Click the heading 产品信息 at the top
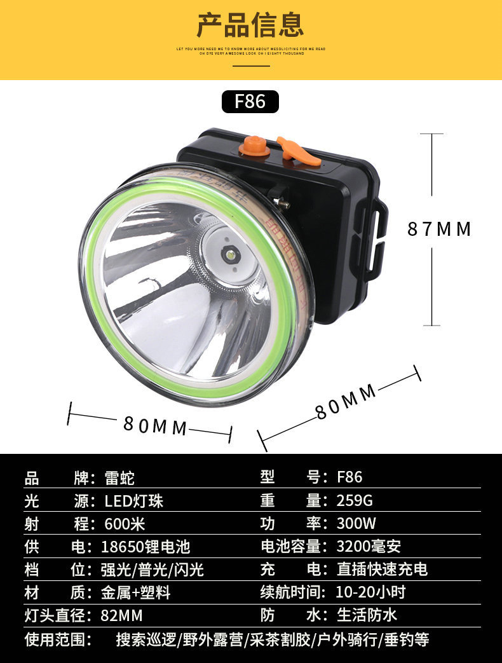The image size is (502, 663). click(x=250, y=25)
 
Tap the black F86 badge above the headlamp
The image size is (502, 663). click(x=250, y=102)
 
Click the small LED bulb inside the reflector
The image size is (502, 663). click(x=229, y=256)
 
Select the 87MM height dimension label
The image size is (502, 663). click(x=439, y=229)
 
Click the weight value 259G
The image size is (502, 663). click(x=355, y=501)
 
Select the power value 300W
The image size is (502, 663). click(x=356, y=524)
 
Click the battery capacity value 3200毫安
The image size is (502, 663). click(x=369, y=546)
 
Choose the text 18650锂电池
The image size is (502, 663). click(x=146, y=547)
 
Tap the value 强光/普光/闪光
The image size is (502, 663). click(x=153, y=570)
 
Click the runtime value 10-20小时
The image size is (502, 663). click(x=370, y=592)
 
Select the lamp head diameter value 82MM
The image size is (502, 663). click(x=121, y=615)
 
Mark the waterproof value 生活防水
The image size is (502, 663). click(x=367, y=615)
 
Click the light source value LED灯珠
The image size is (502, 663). click(x=134, y=501)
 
